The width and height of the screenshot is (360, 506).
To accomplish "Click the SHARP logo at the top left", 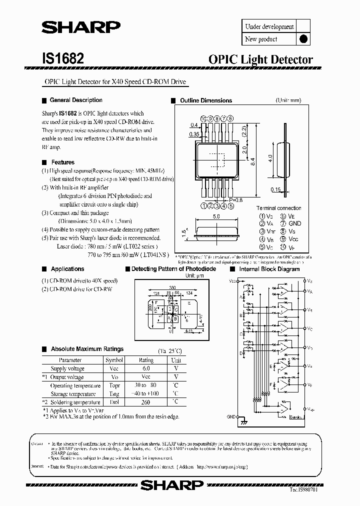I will [x=80, y=28].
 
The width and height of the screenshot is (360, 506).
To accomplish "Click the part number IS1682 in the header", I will [x=62, y=58].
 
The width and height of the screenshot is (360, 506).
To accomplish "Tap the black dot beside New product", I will [x=303, y=39].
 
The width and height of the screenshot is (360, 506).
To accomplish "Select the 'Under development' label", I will [x=269, y=26].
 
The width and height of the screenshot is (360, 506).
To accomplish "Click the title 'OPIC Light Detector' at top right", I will [x=260, y=59].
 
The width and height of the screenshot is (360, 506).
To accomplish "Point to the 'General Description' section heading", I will [x=76, y=100].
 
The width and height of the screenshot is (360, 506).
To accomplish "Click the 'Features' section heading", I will [x=62, y=162].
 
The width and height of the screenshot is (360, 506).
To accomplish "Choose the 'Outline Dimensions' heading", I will [x=206, y=100].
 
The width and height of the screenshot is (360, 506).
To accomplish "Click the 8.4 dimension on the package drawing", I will [x=252, y=161].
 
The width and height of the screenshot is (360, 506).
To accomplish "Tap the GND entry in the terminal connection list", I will [x=295, y=223].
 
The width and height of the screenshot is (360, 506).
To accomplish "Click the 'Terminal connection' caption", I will [x=278, y=208].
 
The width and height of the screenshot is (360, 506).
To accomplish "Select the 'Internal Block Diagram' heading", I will [x=269, y=269].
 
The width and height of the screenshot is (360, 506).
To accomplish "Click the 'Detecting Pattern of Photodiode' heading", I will [x=173, y=269].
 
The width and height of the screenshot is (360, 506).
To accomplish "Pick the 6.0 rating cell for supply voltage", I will [x=146, y=368].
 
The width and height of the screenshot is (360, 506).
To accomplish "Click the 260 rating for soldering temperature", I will [x=146, y=402].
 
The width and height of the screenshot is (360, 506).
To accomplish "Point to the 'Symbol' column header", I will [x=114, y=360].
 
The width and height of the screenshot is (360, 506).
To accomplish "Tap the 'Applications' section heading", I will [x=67, y=269].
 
